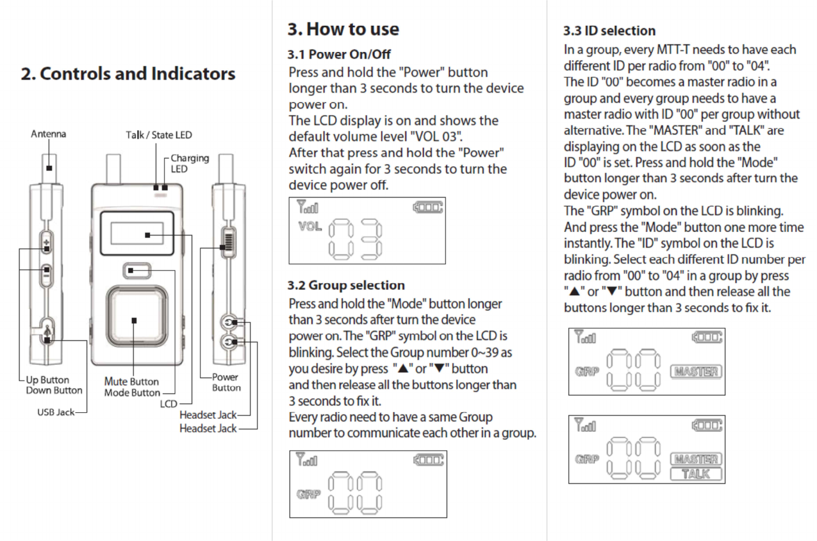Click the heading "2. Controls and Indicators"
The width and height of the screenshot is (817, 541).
pos(128,74)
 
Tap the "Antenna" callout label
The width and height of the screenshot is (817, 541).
pos(48,134)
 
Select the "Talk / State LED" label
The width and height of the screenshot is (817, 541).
pos(159,135)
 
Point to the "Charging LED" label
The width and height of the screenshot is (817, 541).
pos(189,163)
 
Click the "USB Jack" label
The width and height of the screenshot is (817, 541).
pos(56,412)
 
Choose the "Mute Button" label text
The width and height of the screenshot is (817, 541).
pos(131,382)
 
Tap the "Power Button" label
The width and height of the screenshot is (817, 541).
pos(226,382)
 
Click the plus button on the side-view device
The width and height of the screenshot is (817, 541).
pos(47,242)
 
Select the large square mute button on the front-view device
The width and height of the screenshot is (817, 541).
pos(134,320)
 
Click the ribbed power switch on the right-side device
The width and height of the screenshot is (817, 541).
pos(228,242)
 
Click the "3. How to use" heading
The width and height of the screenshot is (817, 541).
pos(343,29)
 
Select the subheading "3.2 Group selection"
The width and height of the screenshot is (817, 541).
pos(346,285)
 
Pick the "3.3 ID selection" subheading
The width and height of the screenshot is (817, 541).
pos(609,31)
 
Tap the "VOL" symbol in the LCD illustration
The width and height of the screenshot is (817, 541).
pos(310,227)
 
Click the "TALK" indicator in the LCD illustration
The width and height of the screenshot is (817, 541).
pos(696,474)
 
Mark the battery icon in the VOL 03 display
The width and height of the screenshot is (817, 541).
pos(428,208)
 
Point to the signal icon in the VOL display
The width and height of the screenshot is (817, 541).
pos(307,208)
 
